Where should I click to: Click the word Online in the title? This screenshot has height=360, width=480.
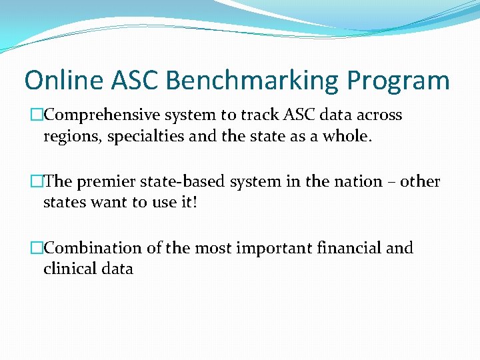pos(65,81)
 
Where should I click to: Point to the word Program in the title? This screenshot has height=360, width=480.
pos(398,81)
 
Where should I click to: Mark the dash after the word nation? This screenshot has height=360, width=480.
pos(394,182)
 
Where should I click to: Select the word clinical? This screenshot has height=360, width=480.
pos(69,269)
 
